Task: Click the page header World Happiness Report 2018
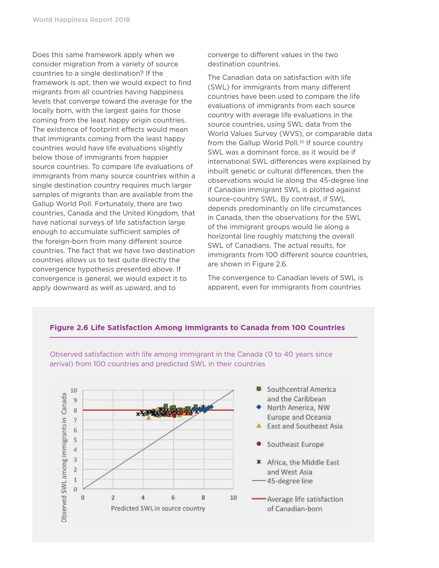point(81,20)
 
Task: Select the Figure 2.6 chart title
point(197,327)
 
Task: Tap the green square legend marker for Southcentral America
point(259,389)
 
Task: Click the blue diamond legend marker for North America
point(259,407)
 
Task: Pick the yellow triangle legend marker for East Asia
point(259,426)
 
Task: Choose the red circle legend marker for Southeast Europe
point(259,444)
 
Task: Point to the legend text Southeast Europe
point(295,444)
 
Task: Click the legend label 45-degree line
point(290,481)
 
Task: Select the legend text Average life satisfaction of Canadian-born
point(305,504)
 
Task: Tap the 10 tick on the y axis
point(74,390)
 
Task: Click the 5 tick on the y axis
point(75,440)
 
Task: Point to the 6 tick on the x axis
point(173,497)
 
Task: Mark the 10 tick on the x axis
point(233,497)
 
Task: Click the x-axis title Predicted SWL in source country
point(158,508)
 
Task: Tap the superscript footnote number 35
point(301,141)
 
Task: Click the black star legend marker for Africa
point(259,462)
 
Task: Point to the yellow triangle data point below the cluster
point(149,418)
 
